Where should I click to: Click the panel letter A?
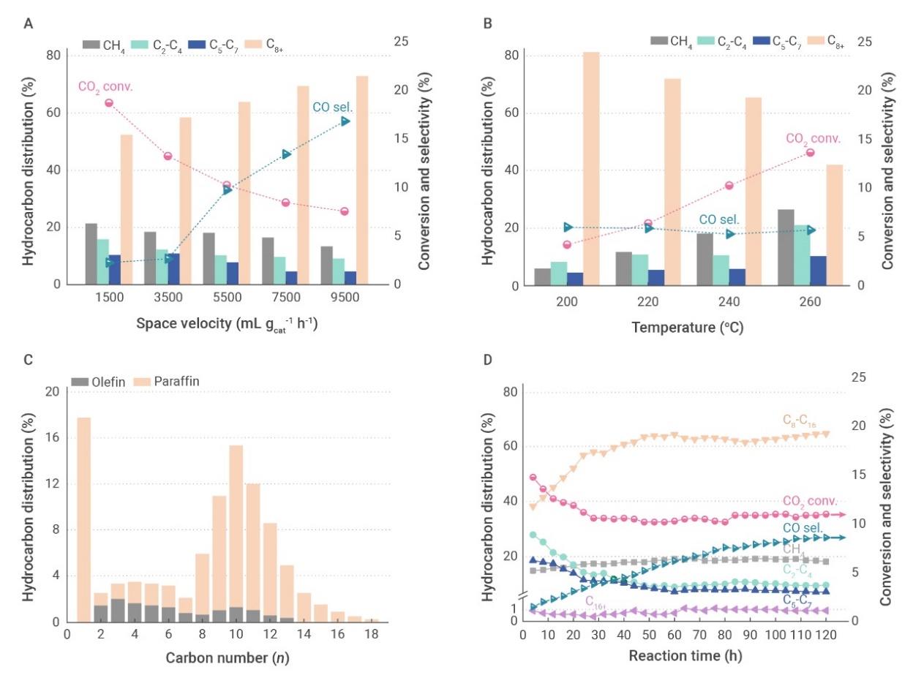[29, 23]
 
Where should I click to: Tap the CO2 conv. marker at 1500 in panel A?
[109, 103]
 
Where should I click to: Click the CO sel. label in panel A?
[334, 107]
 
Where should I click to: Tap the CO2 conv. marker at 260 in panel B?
[811, 152]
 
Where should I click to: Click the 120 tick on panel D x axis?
[819, 636]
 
